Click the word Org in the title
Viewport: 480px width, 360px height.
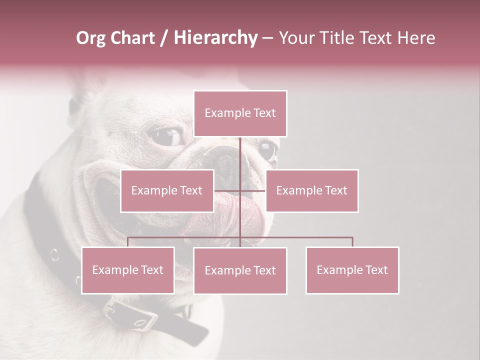coord(91,38)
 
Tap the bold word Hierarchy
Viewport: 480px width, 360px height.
coord(215,38)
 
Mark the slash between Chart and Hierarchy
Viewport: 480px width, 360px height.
coord(163,38)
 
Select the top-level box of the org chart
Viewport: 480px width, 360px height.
coord(240,113)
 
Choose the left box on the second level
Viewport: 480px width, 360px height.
coord(167,190)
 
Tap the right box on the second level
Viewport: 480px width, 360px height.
coord(312,190)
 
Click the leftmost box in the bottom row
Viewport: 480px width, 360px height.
coord(128,270)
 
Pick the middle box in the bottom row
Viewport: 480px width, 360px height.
coord(240,270)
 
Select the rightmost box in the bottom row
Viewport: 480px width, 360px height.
coord(352,270)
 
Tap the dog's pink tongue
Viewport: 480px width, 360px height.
coord(240,212)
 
